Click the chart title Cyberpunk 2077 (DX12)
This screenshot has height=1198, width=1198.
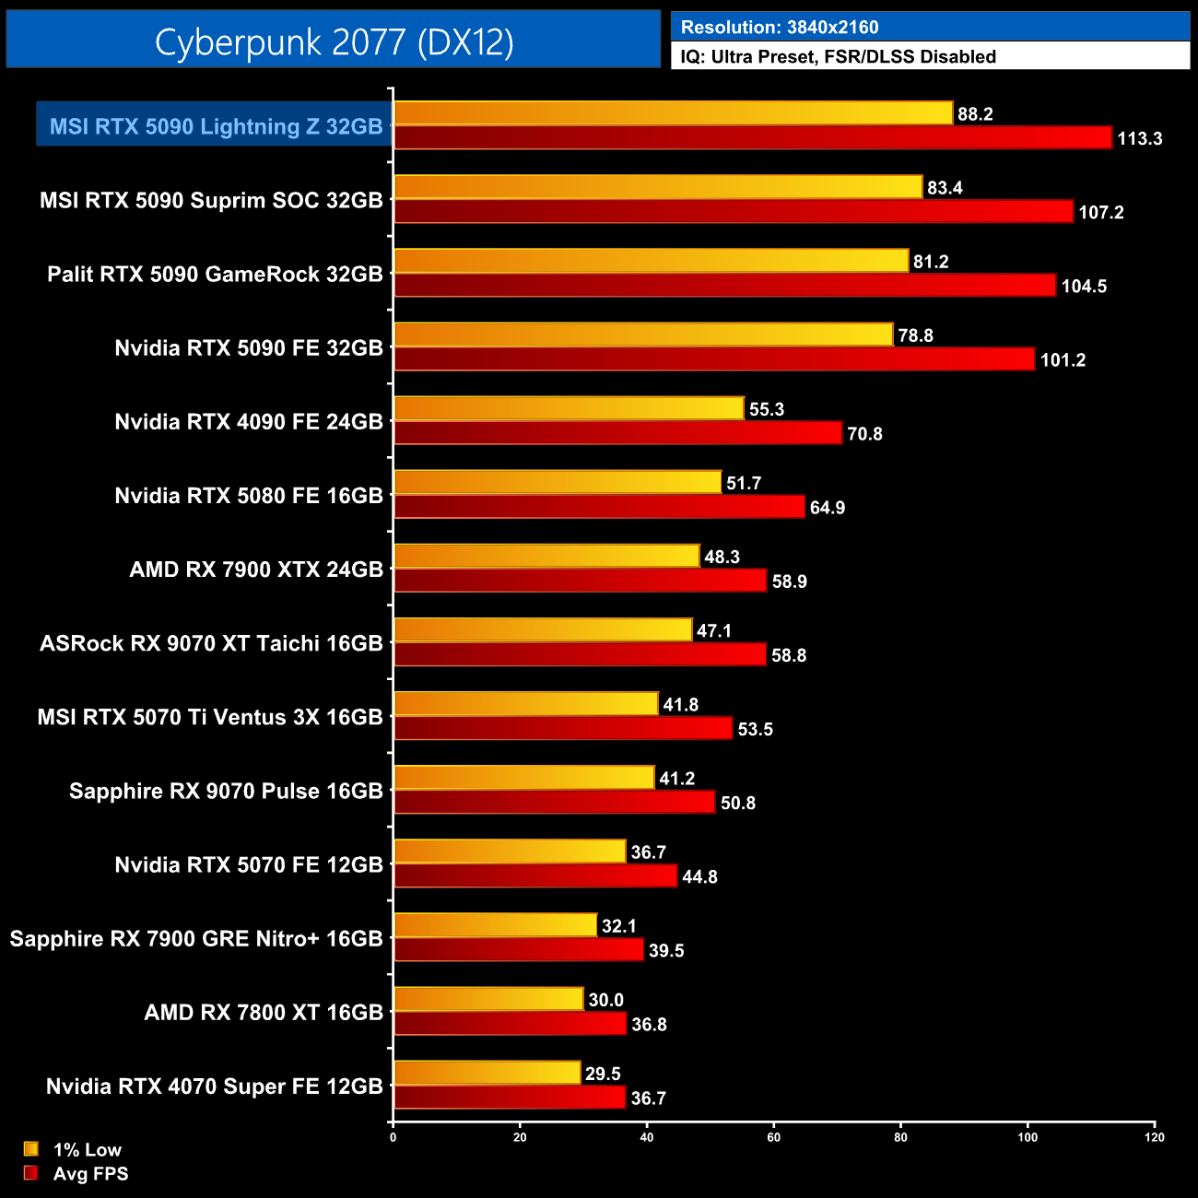tap(334, 41)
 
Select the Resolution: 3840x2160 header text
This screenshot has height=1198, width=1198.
tap(779, 28)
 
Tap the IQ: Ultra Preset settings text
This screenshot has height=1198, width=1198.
tap(838, 56)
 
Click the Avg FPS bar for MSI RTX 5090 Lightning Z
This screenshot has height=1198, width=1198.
tap(752, 138)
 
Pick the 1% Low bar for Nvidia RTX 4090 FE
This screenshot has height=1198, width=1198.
tap(569, 408)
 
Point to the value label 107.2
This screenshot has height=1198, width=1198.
tap(1100, 213)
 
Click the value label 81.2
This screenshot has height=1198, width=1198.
tap(930, 262)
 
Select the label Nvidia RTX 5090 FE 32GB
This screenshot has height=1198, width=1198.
tap(248, 348)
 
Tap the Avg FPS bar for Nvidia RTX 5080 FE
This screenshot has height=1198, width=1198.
tap(599, 507)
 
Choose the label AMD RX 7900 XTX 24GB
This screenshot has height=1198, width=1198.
tap(255, 570)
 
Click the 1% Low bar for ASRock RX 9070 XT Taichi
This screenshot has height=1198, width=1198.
tap(543, 630)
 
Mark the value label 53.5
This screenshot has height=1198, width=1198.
tap(755, 730)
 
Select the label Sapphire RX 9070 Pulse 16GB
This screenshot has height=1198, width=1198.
tap(226, 792)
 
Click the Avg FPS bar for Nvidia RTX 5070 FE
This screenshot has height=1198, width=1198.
tap(535, 876)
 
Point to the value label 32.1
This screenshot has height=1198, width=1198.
tap(618, 926)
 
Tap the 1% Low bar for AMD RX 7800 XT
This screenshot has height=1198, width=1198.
tap(488, 999)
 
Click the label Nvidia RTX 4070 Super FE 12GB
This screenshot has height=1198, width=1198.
tap(214, 1086)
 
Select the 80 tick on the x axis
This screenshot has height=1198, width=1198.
tap(900, 1137)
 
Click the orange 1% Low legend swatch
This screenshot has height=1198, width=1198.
tap(31, 1149)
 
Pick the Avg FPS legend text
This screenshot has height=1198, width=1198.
tap(90, 1174)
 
